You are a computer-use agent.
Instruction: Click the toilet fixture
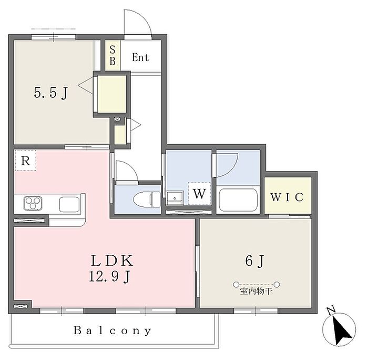[x=147, y=199]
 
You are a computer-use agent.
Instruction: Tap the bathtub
[x=238, y=200]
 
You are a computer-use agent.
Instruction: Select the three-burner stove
[x=33, y=203]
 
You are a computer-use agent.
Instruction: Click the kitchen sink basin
[x=69, y=204]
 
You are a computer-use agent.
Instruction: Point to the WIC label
[x=287, y=197]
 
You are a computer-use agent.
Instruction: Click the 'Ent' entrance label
[x=140, y=57]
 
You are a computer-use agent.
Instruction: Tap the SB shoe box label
[x=113, y=55]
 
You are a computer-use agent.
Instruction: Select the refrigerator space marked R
[x=25, y=161]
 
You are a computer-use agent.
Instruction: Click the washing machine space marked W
[x=199, y=194]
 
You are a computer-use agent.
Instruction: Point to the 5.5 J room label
[x=51, y=93]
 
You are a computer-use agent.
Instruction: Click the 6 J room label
[x=255, y=261]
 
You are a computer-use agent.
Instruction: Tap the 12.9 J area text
[x=109, y=276]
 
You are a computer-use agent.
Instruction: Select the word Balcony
[x=113, y=331]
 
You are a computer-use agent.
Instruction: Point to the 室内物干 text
[x=257, y=292]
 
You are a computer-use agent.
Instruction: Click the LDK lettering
[x=112, y=261]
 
